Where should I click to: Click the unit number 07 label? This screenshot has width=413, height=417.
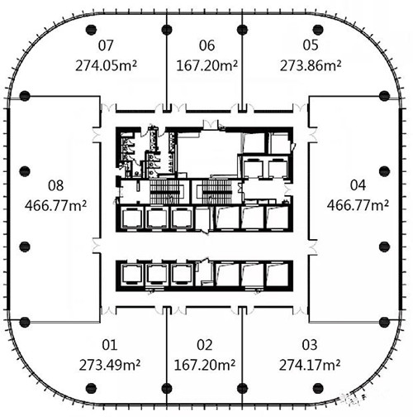pyautogui.click(x=106, y=46)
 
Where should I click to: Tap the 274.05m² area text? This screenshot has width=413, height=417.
pyautogui.click(x=106, y=66)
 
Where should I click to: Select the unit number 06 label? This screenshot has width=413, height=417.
pyautogui.click(x=206, y=46)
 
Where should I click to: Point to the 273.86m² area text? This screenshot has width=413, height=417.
pyautogui.click(x=311, y=66)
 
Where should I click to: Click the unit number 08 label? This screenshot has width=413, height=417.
pyautogui.click(x=56, y=185)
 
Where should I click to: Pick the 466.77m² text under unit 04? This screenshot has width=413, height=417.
pyautogui.click(x=358, y=205)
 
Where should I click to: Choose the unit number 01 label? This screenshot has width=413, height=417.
pyautogui.click(x=110, y=345)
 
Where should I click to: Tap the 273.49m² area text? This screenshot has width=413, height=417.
pyautogui.click(x=110, y=365)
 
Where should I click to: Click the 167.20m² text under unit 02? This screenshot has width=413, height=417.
pyautogui.click(x=205, y=365)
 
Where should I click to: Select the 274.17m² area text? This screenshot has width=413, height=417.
pyautogui.click(x=310, y=365)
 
